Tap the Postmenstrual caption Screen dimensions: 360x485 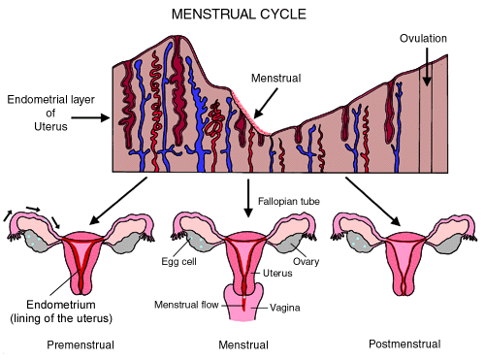[404, 344]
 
